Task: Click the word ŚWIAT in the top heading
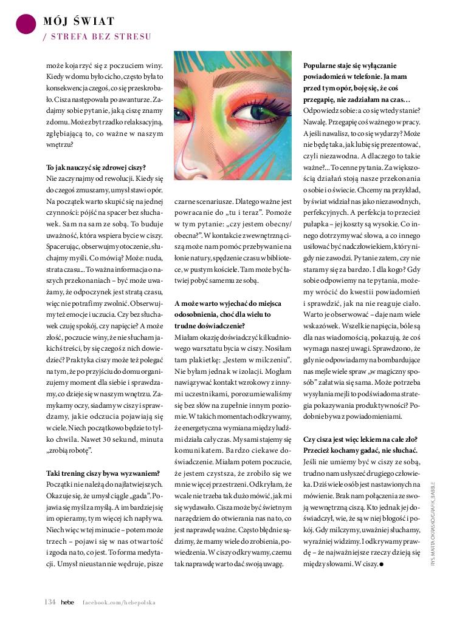pos(94,22)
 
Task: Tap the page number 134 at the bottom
pos(50,601)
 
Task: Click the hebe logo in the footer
pos(67,602)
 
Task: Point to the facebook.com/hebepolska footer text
pos(119,602)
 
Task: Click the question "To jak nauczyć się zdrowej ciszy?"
pos(96,167)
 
